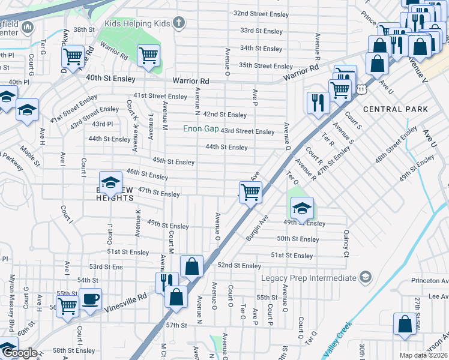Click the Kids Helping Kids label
pos(137,23)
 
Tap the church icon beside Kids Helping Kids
pos(178,23)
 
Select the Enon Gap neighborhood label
pos(201,129)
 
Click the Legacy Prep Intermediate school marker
pos(364,277)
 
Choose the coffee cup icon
pos(90,299)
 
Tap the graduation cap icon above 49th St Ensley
pos(302,208)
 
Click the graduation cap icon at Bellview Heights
pos(110,182)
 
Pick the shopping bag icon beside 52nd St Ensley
pos(191,266)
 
